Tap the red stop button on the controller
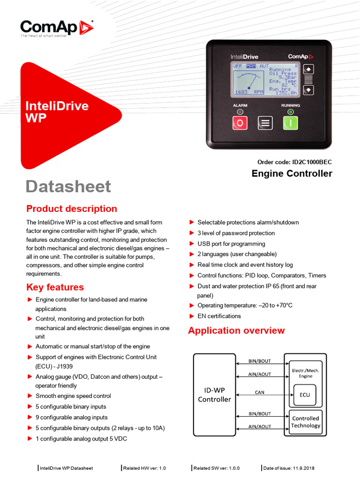pos(240,123)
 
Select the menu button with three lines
pos(265,123)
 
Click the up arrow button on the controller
pos(308,69)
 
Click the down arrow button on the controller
pos(308,90)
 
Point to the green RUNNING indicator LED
pos(291,112)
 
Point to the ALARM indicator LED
pos(240,112)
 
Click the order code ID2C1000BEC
pos(294,162)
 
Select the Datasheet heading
pos(68,186)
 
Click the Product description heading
pos(72,209)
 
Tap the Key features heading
pos(55,287)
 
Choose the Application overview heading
pos(236,330)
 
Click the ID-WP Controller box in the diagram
pos(214,395)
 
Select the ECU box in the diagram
pos(305,395)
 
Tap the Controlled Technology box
pos(305,422)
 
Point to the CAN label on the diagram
pos(260,393)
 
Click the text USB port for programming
pos(231,244)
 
